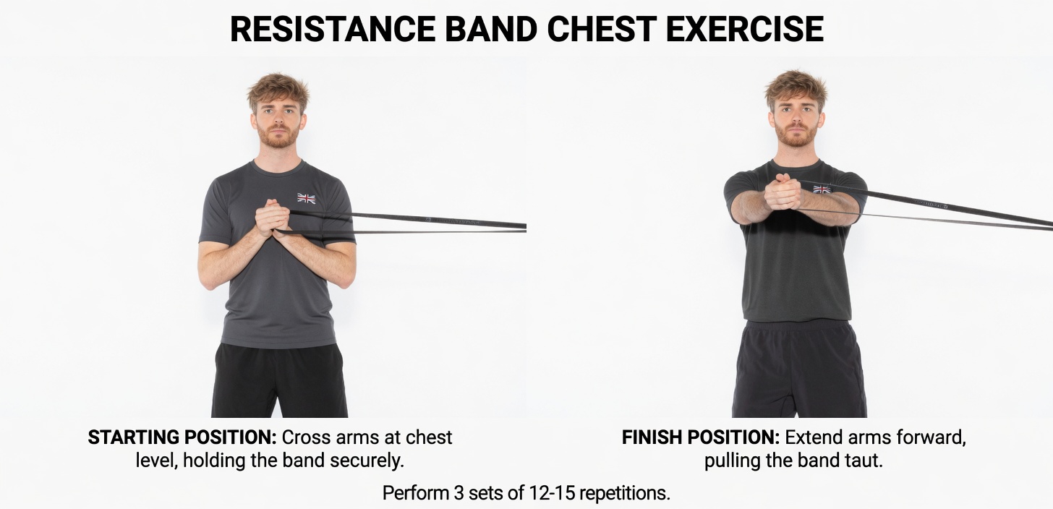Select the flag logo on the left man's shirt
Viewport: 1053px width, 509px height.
307,198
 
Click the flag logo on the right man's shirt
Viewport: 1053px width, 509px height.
822,189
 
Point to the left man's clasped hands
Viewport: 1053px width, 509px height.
273,218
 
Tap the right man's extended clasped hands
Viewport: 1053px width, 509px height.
783,192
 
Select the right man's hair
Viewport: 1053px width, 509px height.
796,86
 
